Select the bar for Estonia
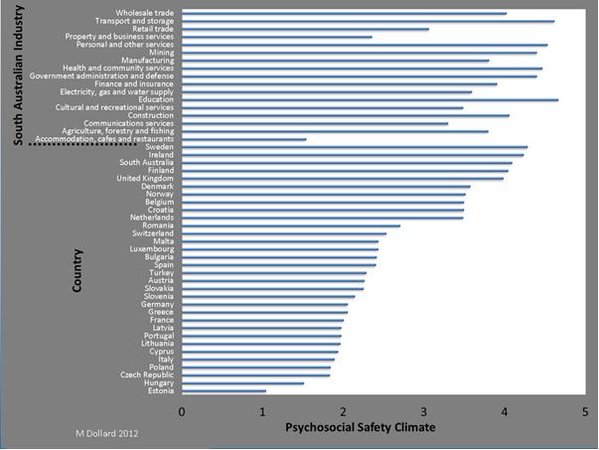pyautogui.click(x=224, y=391)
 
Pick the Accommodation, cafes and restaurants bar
pyautogui.click(x=243, y=139)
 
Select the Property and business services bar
pyautogui.click(x=277, y=37)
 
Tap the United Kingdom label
pyautogui.click(x=145, y=178)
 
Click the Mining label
pyautogui.click(x=161, y=53)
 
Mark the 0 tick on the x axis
pyautogui.click(x=182, y=411)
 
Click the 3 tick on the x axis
pyautogui.click(x=425, y=411)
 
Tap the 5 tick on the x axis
pyautogui.click(x=587, y=411)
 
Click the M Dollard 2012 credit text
pyautogui.click(x=109, y=435)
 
